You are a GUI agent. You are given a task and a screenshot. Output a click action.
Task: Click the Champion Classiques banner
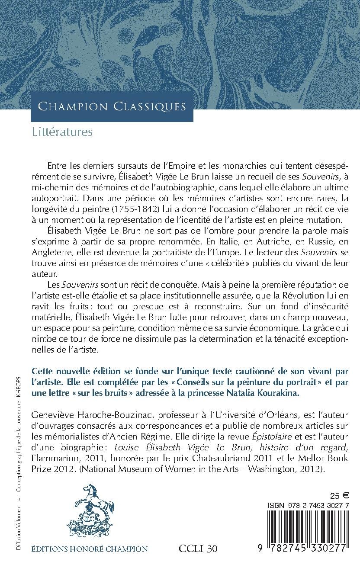(112, 106)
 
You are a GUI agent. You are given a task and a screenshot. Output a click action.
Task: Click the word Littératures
(62, 132)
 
